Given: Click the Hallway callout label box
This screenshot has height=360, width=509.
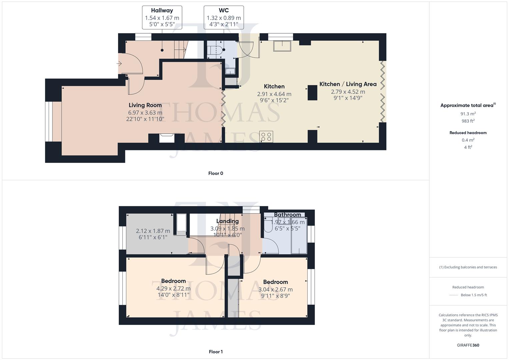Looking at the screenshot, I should (162, 17).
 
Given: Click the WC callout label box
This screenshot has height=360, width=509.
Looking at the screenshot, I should (224, 17).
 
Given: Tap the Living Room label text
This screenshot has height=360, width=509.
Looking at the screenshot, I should (145, 105).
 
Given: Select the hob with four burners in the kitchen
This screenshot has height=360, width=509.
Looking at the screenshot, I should (266, 137).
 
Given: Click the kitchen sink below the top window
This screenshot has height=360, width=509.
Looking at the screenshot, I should (282, 46).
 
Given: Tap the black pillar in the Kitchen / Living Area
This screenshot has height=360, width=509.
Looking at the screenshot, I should (312, 93).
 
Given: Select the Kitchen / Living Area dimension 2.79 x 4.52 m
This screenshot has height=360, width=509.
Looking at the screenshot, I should (348, 92).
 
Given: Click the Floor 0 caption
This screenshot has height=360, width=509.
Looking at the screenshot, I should (216, 173).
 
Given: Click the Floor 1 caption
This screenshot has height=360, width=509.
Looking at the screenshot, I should (216, 352).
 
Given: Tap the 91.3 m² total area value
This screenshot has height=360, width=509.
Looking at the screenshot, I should (468, 114).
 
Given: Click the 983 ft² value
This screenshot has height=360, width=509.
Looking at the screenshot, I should (468, 121).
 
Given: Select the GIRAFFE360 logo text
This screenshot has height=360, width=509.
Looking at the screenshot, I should (468, 345).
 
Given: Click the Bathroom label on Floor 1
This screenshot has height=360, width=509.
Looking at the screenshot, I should (287, 215).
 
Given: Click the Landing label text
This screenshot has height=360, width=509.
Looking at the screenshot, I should (227, 221).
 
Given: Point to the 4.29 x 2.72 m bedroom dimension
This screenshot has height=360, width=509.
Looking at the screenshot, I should (173, 288).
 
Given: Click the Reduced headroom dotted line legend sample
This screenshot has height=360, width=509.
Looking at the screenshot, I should (454, 295).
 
